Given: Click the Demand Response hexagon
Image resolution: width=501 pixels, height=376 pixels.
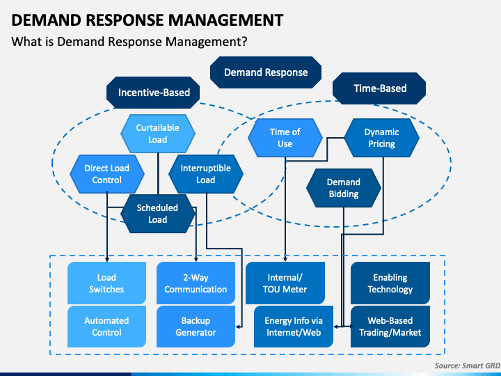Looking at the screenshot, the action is pos(266,72).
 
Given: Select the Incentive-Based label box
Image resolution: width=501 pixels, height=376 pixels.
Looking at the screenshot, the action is pos(153,93).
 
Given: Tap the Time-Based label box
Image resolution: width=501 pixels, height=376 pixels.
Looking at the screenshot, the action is pos(379,88).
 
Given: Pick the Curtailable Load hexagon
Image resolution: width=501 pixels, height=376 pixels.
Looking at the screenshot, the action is pos(158,134).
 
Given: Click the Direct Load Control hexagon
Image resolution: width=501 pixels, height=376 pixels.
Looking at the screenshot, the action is pos(107,174).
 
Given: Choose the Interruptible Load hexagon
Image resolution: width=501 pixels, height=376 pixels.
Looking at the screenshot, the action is pos(206,174).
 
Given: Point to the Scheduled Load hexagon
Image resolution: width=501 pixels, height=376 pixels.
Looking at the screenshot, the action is pos(158,214).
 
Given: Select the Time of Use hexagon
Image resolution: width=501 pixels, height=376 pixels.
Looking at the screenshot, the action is pos(285,138).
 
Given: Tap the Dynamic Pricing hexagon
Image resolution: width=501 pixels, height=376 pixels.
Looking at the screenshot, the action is pos(382,138).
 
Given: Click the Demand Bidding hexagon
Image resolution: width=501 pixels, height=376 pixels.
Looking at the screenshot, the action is pos(344,188).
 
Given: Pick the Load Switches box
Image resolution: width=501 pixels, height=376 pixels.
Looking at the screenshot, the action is pos(106,283).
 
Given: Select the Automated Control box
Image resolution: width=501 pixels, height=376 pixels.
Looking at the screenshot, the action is pos(106,327).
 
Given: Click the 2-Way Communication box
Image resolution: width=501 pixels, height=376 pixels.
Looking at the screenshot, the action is pos(196,283).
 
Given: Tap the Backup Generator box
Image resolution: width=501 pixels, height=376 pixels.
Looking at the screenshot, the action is pos(196,327).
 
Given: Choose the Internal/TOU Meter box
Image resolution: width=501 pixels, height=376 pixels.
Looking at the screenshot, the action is pos(285,283).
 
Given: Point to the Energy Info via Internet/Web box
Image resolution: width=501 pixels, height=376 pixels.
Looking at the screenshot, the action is pos(294,327).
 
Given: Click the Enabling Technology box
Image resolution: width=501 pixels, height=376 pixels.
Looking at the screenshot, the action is pos(390,283).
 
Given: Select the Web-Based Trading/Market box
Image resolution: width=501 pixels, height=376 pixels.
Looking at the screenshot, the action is pos(390,327).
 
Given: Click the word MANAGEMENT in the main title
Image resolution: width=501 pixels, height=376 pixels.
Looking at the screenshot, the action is pos(226,19).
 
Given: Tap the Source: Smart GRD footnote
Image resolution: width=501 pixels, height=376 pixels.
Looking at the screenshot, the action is pos(468,366).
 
